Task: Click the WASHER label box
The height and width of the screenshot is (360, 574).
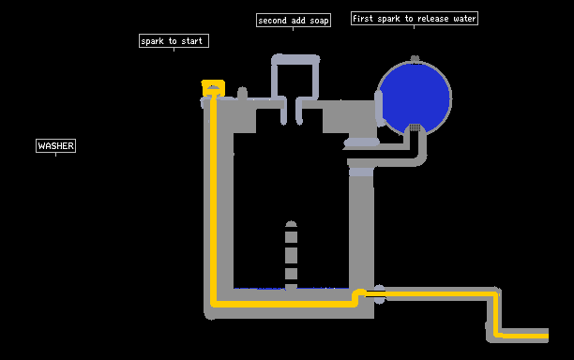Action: pyautogui.click(x=55, y=145)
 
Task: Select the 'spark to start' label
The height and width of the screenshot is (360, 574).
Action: pyautogui.click(x=174, y=40)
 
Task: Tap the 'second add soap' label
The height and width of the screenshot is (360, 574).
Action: pyautogui.click(x=294, y=20)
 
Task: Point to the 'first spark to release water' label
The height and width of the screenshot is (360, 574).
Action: pyautogui.click(x=415, y=19)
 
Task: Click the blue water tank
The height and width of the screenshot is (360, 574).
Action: pyautogui.click(x=414, y=96)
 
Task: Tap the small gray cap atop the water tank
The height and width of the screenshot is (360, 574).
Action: pyautogui.click(x=415, y=58)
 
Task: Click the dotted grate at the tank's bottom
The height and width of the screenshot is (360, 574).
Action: pyautogui.click(x=415, y=127)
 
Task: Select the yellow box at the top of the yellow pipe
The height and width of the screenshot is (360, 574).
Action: pyautogui.click(x=213, y=88)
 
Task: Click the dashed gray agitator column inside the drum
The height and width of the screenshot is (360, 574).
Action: pyautogui.click(x=291, y=255)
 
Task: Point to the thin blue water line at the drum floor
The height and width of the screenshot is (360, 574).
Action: pyautogui.click(x=291, y=289)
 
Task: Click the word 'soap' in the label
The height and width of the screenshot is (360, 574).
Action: pyautogui.click(x=319, y=21)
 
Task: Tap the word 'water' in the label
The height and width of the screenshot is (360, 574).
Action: pyautogui.click(x=464, y=19)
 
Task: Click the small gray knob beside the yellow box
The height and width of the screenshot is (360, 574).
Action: pyautogui.click(x=242, y=93)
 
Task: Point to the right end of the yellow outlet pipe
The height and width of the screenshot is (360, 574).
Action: pyautogui.click(x=548, y=336)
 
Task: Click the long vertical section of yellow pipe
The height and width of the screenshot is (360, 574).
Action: pyautogui.click(x=213, y=200)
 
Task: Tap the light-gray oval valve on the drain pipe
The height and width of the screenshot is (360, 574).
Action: pyautogui.click(x=380, y=294)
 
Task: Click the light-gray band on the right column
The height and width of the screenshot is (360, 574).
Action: pyautogui.click(x=361, y=172)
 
